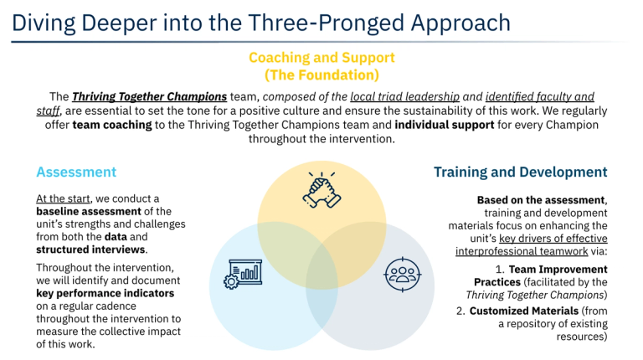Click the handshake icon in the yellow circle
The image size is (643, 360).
(x=321, y=190)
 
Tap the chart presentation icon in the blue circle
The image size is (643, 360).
(x=243, y=275)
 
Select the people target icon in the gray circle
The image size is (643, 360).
(x=403, y=275)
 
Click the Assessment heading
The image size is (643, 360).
(x=76, y=172)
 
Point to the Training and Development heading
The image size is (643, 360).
(x=521, y=172)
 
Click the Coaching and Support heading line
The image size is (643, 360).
(x=321, y=58)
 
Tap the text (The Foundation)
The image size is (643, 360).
(x=321, y=75)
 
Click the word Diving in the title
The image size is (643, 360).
(x=44, y=23)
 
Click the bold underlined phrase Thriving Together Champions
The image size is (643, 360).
(x=149, y=97)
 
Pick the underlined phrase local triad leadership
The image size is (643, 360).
(x=404, y=97)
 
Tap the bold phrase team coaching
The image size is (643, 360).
(x=112, y=125)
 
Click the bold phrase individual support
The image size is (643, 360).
(x=445, y=125)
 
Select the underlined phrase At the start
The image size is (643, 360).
(x=63, y=199)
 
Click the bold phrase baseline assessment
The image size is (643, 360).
(x=89, y=212)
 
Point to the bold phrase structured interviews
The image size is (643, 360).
(x=90, y=249)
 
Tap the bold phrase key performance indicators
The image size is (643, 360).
(x=105, y=294)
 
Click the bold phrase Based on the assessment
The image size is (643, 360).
(x=541, y=200)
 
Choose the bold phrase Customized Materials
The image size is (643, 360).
(x=524, y=311)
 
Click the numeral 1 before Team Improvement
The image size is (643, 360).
(x=499, y=270)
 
